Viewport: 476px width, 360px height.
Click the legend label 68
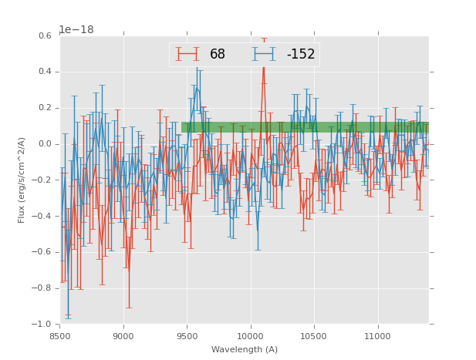tap(218, 54)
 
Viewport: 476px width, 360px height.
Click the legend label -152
tap(301, 54)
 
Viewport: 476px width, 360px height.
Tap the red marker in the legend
tap(187, 54)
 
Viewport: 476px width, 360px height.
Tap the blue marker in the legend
tap(265, 54)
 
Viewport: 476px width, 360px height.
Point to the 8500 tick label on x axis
tap(60, 336)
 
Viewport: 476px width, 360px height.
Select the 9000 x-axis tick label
tap(123, 336)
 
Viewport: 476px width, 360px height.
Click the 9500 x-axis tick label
tap(187, 336)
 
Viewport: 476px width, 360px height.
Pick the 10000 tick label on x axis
tap(251, 336)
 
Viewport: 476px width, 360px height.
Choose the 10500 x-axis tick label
tap(314, 336)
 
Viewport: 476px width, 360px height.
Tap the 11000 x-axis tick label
tap(378, 336)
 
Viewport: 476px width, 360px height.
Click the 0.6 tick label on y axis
tap(44, 35)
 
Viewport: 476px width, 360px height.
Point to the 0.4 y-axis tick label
tap(44, 72)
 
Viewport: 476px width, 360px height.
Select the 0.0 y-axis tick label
tap(44, 144)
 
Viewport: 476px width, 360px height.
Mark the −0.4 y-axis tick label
tap(42, 216)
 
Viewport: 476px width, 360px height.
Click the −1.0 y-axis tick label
tap(42, 325)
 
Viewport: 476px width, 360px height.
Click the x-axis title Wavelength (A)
tap(245, 349)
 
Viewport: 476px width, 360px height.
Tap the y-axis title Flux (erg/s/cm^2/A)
tap(22, 180)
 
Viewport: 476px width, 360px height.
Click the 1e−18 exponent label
tap(76, 30)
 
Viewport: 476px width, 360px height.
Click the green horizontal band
tap(305, 127)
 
